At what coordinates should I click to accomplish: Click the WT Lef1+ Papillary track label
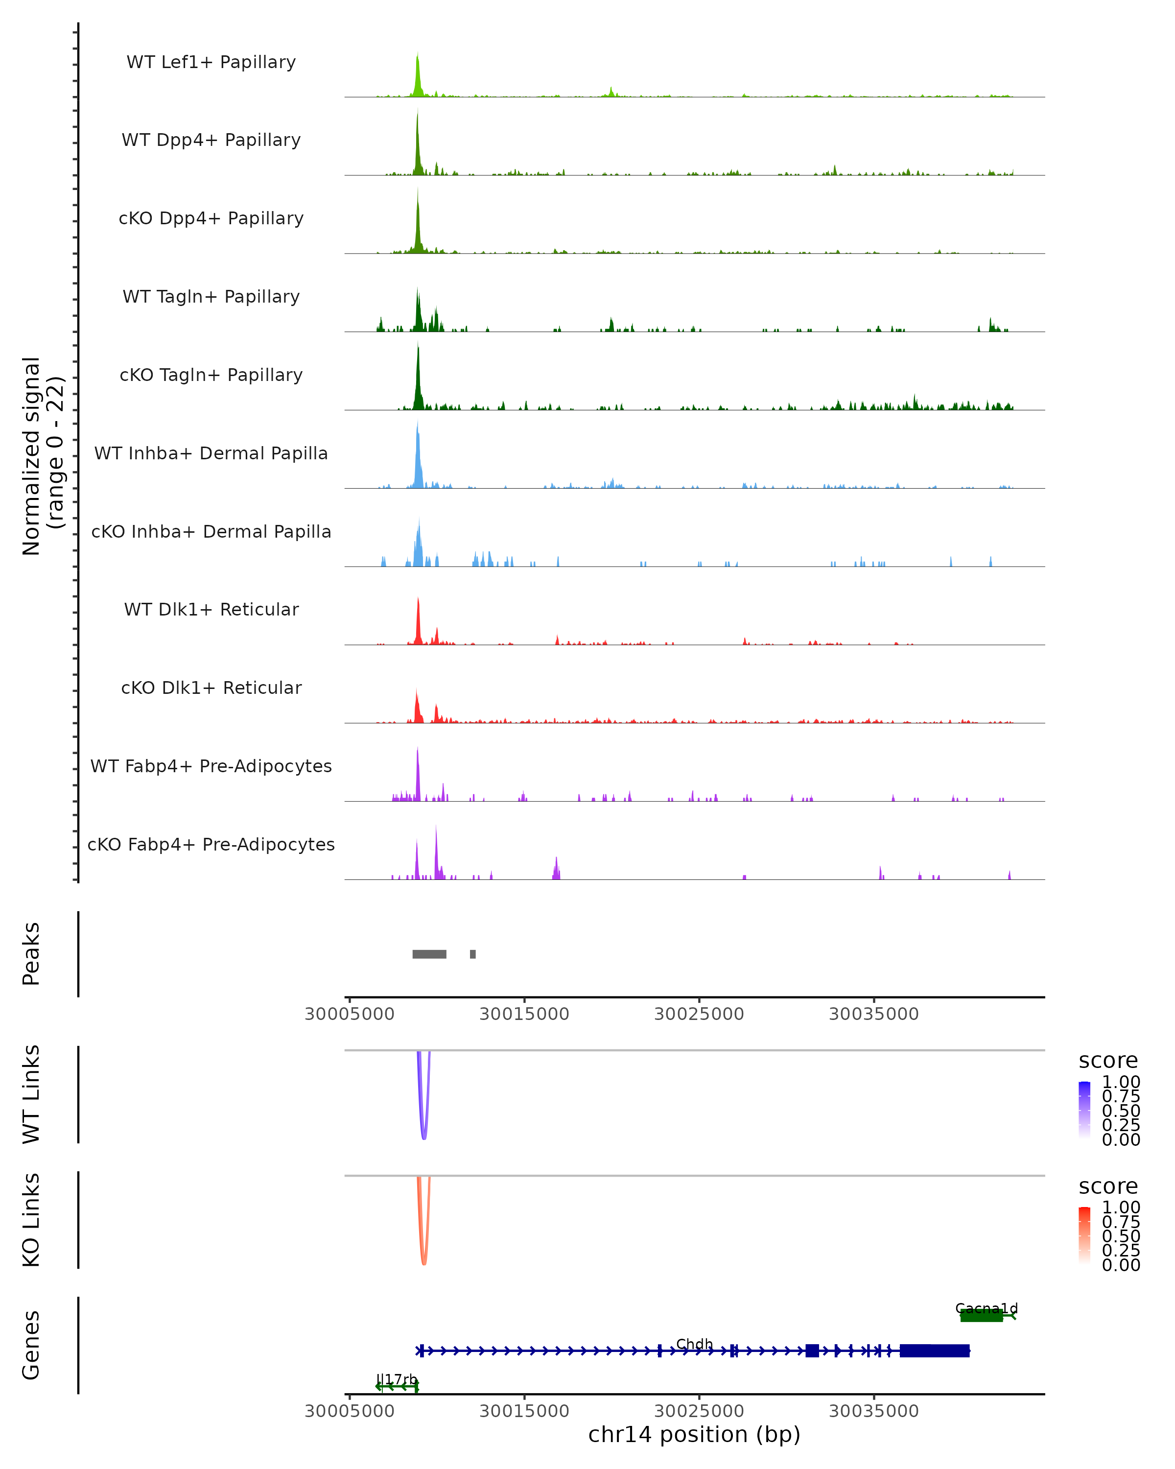pos(211,62)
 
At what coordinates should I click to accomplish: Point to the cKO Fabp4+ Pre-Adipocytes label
pos(211,844)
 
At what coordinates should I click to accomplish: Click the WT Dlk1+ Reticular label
pos(211,609)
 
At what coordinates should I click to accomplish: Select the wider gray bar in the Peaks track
pos(429,954)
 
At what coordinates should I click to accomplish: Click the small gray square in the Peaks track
pos(473,954)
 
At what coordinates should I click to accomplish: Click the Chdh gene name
pos(694,1344)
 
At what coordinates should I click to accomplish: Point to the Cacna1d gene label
pos(987,1308)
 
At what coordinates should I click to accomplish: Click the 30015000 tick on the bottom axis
pos(524,1410)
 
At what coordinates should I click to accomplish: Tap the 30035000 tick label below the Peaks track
pos(873,1014)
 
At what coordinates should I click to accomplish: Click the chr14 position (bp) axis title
pos(694,1435)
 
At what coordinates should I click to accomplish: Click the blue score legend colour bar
pos(1084,1109)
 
